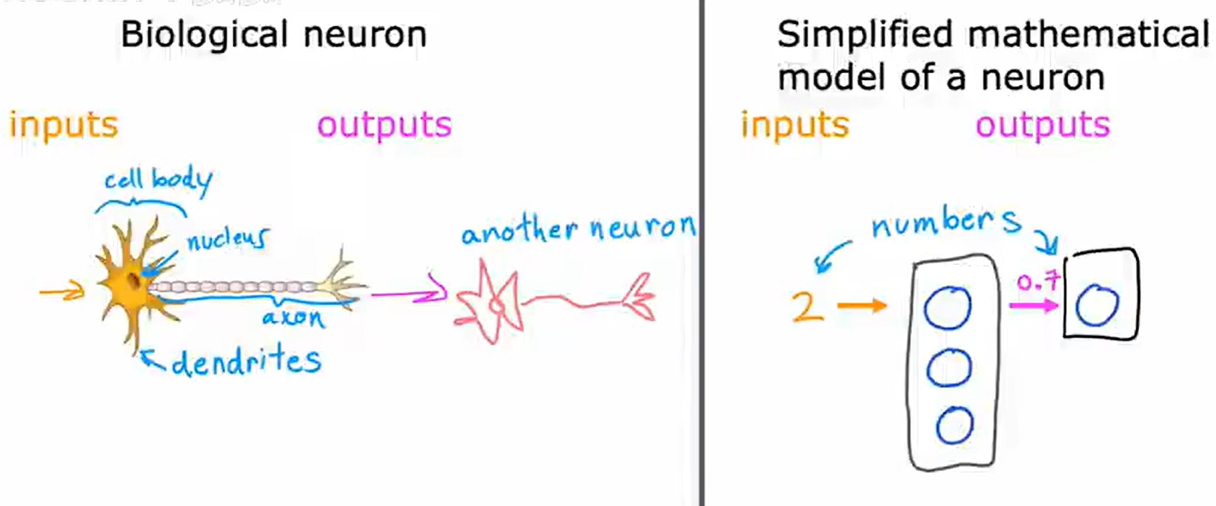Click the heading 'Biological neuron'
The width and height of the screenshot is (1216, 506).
(273, 35)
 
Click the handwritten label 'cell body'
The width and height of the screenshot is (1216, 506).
(158, 181)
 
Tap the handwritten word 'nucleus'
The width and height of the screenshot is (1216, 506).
(228, 239)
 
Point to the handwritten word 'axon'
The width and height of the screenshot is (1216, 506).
(293, 318)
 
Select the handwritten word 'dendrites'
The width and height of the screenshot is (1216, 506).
(246, 362)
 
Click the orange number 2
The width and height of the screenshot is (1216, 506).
(807, 307)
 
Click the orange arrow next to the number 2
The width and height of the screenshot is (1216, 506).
(861, 305)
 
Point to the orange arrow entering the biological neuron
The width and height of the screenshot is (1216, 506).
(62, 290)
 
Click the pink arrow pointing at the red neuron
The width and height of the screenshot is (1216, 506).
(409, 293)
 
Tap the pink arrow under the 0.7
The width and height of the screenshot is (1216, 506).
(1033, 305)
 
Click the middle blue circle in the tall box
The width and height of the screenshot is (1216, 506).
(949, 369)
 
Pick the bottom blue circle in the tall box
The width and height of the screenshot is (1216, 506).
(954, 425)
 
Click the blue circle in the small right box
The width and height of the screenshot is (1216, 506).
(1096, 305)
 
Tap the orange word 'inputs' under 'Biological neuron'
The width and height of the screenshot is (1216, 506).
(63, 125)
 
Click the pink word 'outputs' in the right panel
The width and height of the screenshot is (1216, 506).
(1042, 125)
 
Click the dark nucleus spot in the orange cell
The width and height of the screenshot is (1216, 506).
(136, 281)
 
